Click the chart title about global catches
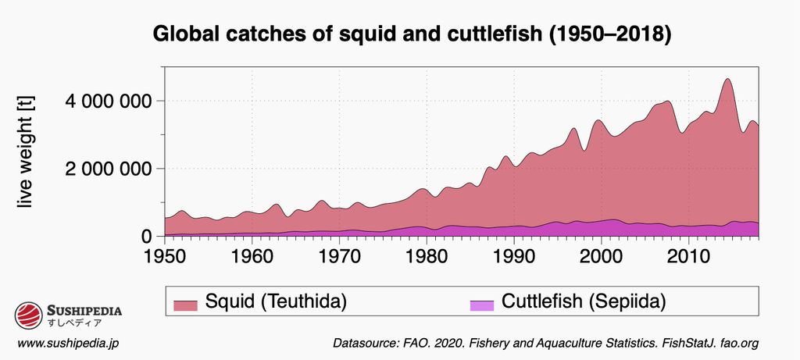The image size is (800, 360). click(x=412, y=35)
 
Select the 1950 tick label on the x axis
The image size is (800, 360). click(x=164, y=255)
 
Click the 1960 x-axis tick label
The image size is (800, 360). click(x=252, y=255)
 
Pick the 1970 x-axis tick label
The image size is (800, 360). click(x=339, y=255)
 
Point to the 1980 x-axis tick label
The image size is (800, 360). click(x=427, y=255)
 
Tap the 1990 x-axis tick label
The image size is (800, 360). click(x=513, y=255)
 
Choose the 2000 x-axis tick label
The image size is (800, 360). click(x=601, y=255)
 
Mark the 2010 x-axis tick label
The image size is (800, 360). click(x=688, y=255)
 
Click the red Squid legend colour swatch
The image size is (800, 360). click(x=185, y=303)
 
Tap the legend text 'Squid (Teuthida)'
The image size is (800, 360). click(x=275, y=301)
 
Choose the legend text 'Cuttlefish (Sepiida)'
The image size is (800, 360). click(x=583, y=301)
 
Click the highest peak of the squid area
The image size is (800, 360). click(x=727, y=80)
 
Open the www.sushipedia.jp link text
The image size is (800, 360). click(x=68, y=344)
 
